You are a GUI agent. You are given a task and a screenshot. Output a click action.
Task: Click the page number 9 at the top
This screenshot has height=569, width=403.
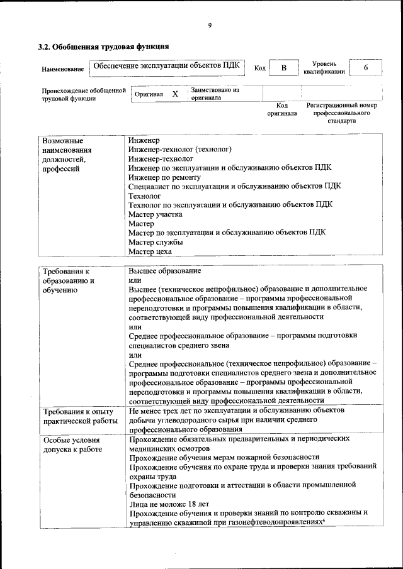tap(210, 25)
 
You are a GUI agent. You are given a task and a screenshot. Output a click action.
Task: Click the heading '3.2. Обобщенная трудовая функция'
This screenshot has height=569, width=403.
tap(103, 47)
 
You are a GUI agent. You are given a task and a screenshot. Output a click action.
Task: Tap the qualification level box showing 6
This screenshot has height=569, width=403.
tap(365, 68)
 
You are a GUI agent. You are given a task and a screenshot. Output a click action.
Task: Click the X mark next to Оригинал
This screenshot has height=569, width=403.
tap(175, 94)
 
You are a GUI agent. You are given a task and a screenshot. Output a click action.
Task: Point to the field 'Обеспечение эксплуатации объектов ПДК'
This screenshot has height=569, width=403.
tap(166, 65)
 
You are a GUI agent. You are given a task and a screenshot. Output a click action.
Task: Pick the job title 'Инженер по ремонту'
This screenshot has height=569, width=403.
tap(162, 177)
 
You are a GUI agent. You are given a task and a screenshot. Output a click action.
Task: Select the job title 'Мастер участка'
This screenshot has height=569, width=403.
tap(156, 214)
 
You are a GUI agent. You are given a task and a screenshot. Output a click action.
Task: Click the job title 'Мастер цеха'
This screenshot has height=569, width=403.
tap(150, 251)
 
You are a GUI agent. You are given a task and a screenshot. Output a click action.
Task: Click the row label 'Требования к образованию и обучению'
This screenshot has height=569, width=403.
tap(69, 280)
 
